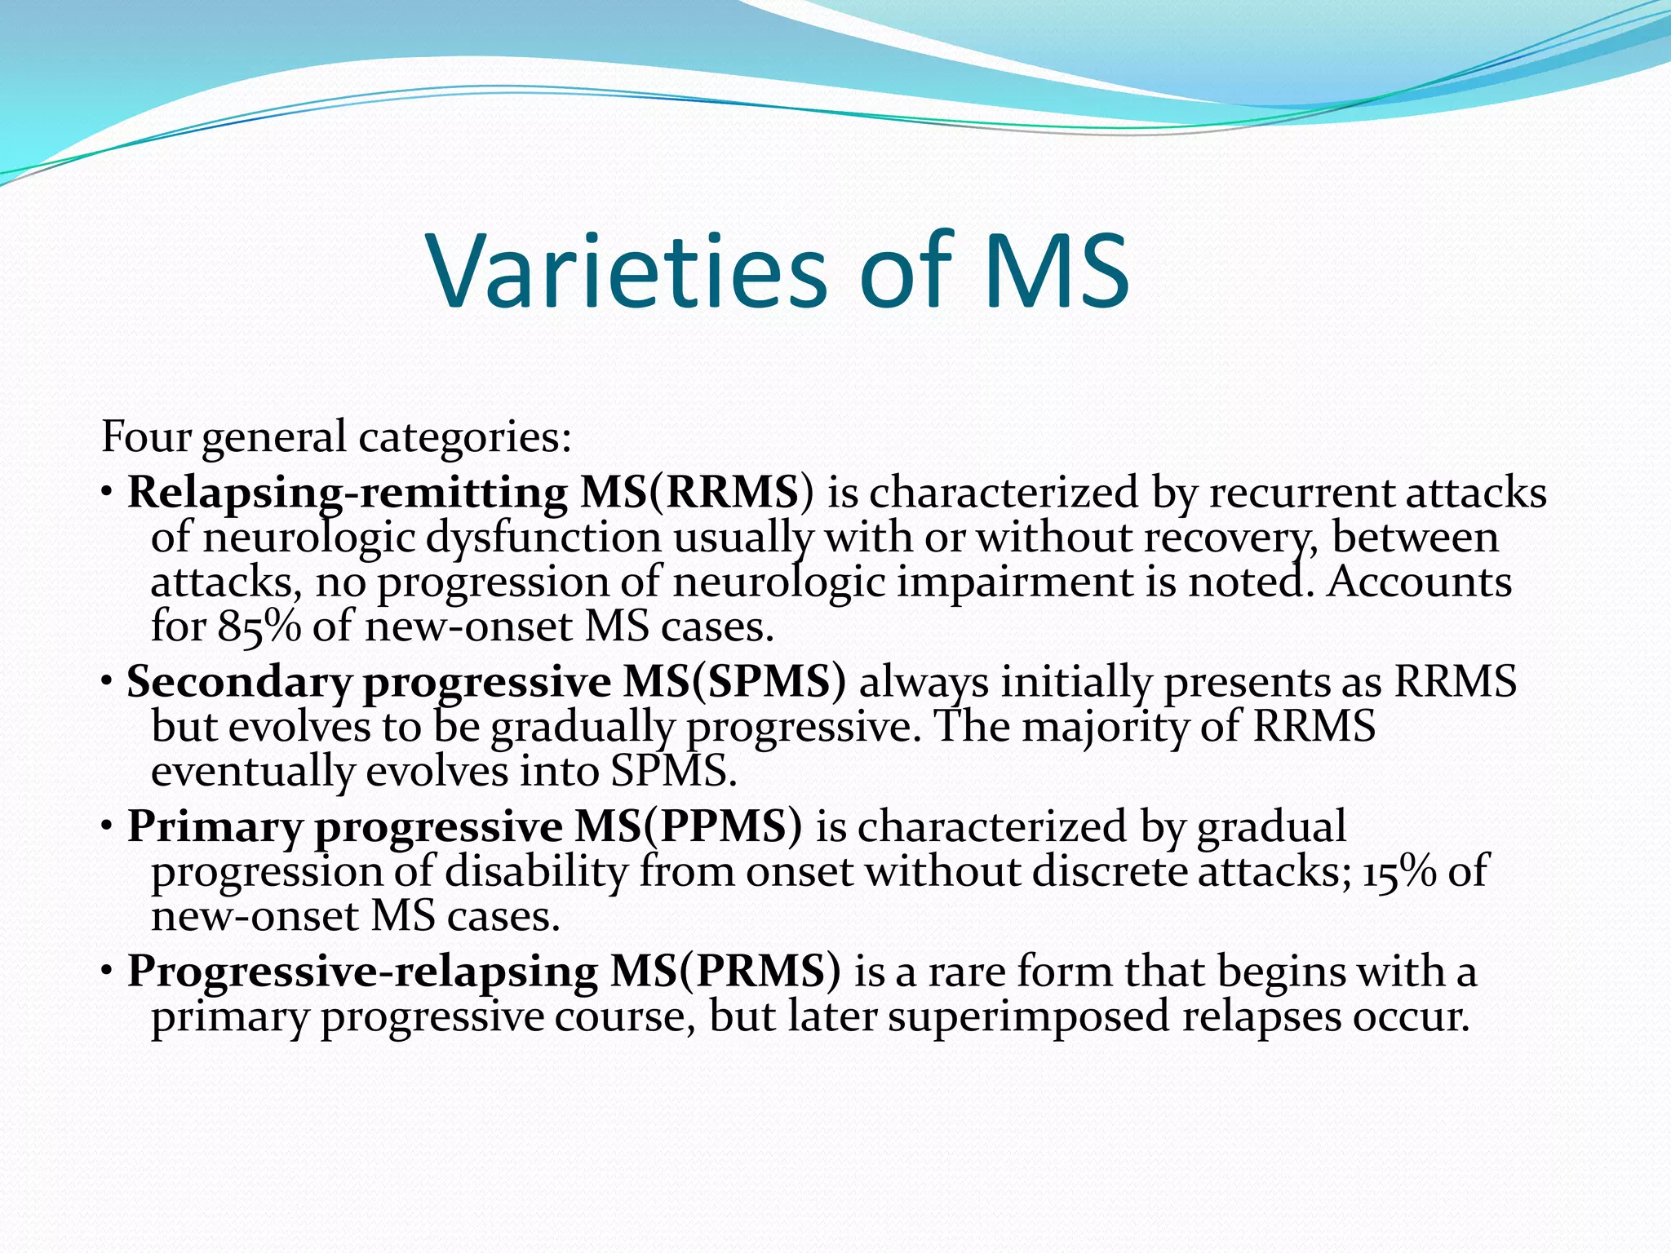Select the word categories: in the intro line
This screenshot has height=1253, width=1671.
click(465, 439)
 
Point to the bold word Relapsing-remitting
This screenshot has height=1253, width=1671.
click(347, 493)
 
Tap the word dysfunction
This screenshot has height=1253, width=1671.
click(543, 538)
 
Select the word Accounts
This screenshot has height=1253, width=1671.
click(1419, 582)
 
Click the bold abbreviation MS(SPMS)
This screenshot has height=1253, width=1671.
click(734, 682)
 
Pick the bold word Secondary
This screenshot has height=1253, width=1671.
click(239, 682)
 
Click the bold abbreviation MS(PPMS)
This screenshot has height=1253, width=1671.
click(688, 826)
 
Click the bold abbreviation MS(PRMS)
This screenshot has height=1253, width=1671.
click(725, 972)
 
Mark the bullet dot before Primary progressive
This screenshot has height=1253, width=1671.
click(108, 828)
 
